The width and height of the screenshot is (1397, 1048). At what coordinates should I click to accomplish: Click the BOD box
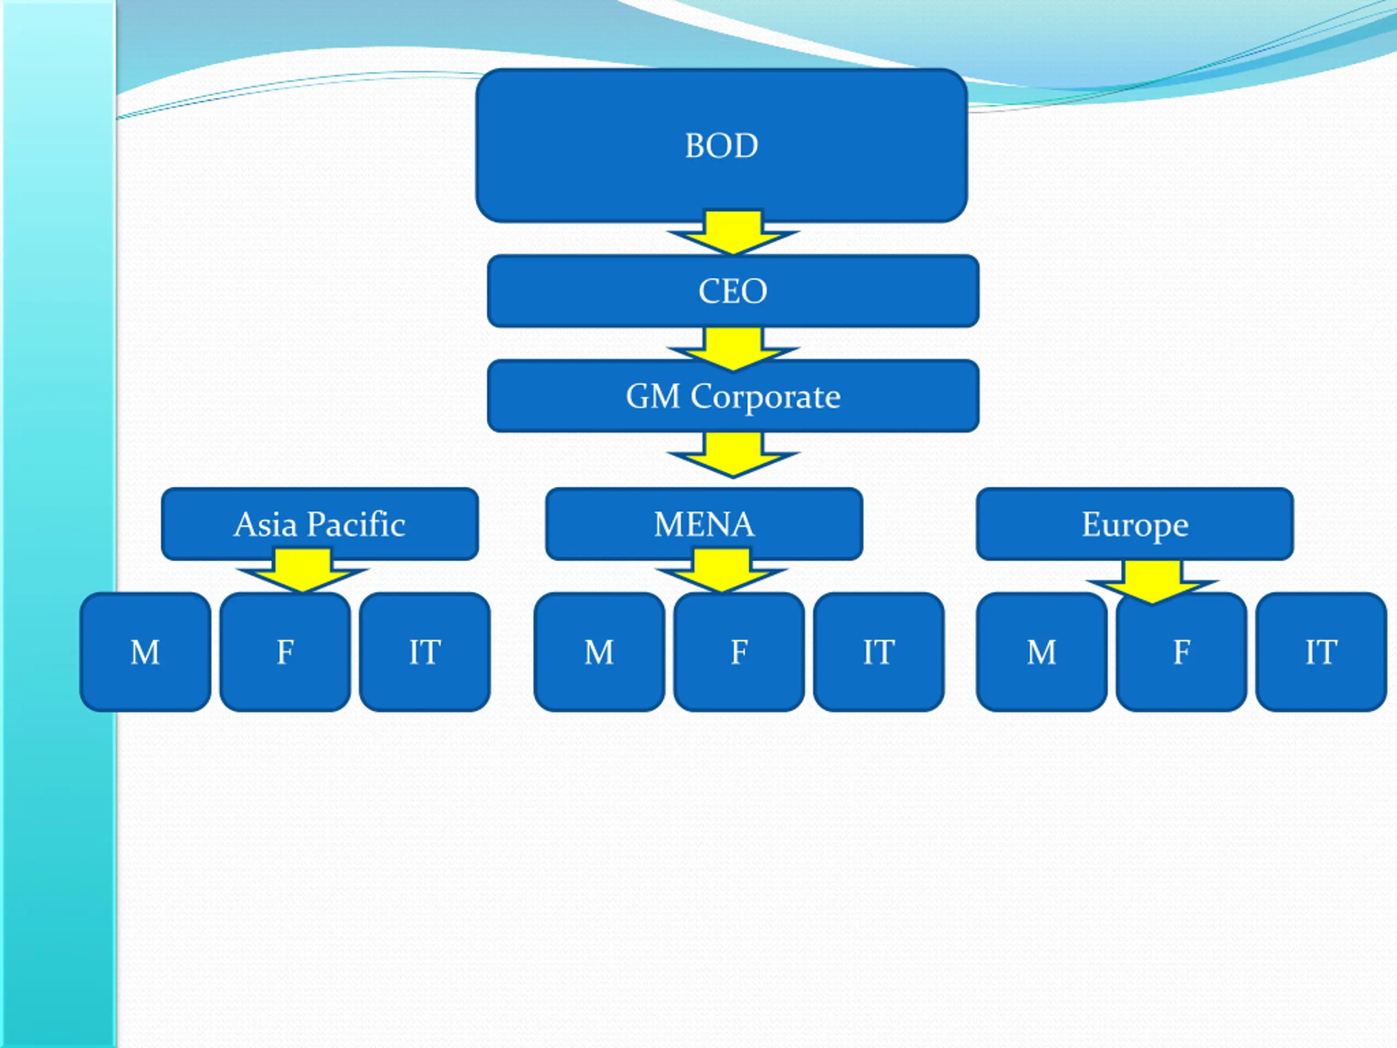coord(722,145)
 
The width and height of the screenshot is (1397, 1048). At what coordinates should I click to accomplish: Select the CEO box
coord(733,291)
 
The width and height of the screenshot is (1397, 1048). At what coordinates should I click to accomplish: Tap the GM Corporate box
coord(733,396)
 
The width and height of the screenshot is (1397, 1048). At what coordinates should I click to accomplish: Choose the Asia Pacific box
coord(320,523)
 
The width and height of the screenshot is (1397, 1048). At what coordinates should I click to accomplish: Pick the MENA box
coord(704,523)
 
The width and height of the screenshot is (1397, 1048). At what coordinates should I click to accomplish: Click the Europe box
coord(1135,523)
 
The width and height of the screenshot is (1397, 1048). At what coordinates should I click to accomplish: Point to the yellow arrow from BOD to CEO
coord(733,232)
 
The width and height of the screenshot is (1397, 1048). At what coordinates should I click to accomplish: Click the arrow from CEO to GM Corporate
coord(733,349)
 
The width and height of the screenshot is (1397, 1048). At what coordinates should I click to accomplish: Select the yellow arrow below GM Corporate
coord(733,454)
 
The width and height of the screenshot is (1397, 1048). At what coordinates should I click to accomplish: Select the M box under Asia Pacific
coord(145,652)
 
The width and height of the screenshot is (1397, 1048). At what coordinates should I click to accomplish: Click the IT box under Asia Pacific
coord(425,652)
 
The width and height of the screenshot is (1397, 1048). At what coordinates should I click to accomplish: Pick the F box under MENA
coord(739,652)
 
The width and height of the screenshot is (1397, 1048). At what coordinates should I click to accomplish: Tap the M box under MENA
coord(599,652)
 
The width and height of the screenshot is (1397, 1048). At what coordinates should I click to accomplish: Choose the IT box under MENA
coord(879,652)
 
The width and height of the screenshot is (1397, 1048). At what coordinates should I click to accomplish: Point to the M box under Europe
coord(1041,652)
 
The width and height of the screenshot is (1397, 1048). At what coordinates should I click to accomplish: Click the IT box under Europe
coord(1321,652)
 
